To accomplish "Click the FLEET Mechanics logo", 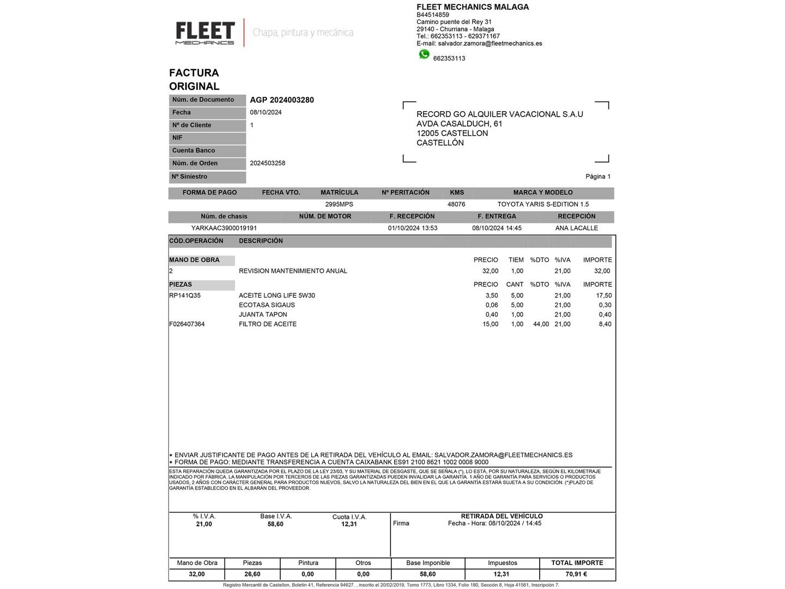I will (205, 33).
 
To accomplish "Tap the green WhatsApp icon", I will (424, 55).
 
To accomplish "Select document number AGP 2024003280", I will (282, 100).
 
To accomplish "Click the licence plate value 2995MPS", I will (339, 205).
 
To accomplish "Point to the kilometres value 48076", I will (456, 205).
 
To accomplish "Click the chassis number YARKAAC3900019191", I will (224, 229).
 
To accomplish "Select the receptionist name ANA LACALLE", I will (576, 229).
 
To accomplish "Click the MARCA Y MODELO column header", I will (542, 193).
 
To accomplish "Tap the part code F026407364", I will (187, 324).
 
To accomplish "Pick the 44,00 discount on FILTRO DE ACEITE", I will (541, 324).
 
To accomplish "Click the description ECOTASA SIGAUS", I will (267, 305).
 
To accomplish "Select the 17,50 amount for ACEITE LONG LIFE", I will (603, 296).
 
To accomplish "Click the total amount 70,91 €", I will (576, 574).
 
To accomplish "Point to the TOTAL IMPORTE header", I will (577, 563).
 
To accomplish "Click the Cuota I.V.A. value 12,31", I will (349, 524).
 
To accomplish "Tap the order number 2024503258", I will (268, 163).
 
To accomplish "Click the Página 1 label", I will (597, 177).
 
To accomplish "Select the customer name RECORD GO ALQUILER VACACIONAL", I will (499, 115).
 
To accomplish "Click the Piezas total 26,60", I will (252, 574).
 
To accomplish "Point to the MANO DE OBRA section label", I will (195, 260).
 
